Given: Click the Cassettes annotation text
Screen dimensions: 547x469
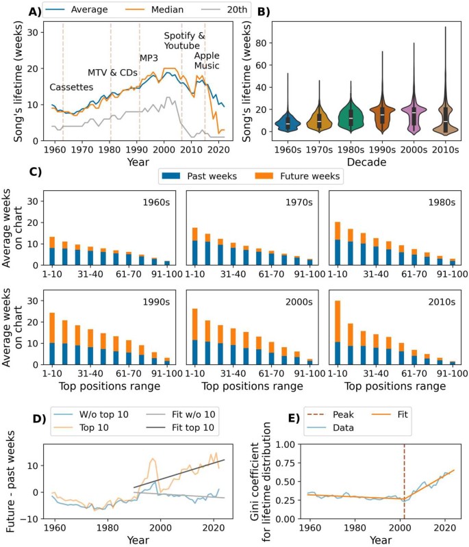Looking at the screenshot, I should click(x=72, y=88).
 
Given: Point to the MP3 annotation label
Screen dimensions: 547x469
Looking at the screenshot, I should click(x=149, y=58).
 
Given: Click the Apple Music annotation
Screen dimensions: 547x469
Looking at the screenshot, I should click(x=206, y=60).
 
